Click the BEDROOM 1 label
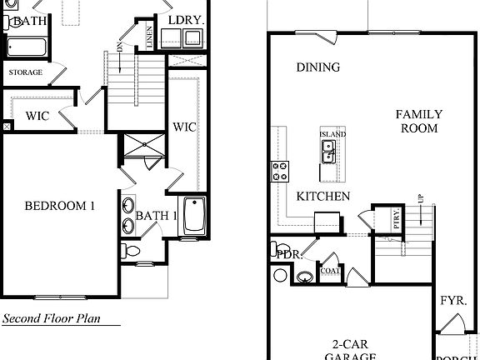point(59,206)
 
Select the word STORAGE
point(25,72)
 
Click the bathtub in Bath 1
point(193,216)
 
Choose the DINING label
point(317,67)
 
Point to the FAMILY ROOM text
point(418,122)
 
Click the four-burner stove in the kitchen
point(280,172)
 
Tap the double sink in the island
point(328,152)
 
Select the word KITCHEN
point(322,197)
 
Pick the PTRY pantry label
point(397,220)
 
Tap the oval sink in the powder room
point(307,277)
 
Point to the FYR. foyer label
point(452,300)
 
